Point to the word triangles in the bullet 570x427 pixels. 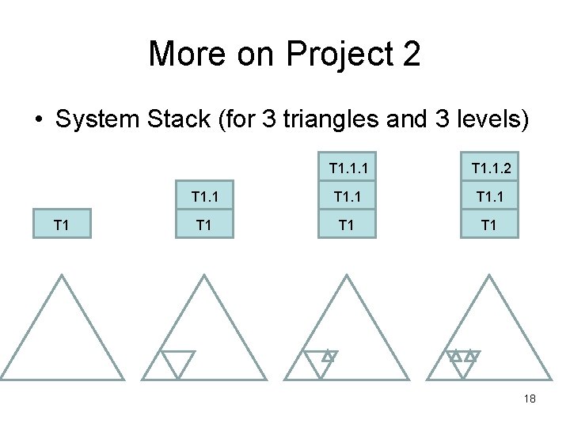[336, 120]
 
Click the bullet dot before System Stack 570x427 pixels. [38, 121]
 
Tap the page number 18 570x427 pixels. [530, 399]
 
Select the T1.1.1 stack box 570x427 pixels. [346, 168]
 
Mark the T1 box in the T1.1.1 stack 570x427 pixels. [346, 225]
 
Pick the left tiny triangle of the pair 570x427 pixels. [455, 356]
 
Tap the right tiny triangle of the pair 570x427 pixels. [471, 356]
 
